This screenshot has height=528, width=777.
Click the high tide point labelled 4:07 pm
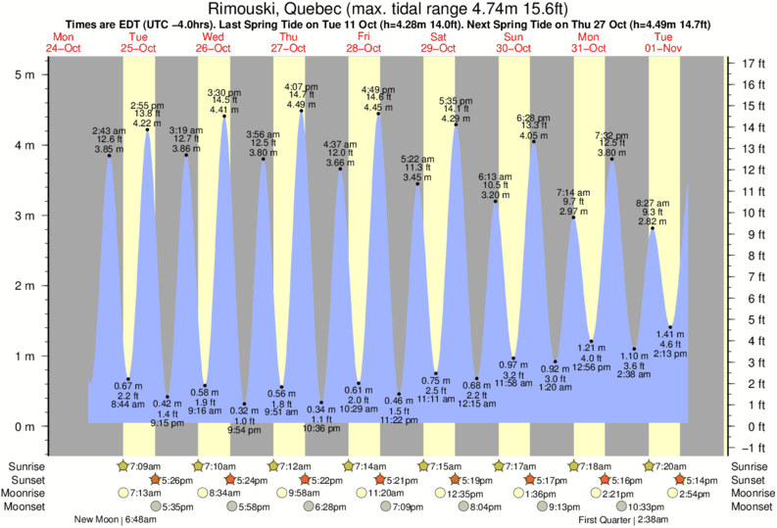[301, 111]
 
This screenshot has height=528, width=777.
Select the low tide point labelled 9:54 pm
[244, 404]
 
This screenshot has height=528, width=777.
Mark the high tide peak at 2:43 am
[109, 156]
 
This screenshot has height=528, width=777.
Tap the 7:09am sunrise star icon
[123, 465]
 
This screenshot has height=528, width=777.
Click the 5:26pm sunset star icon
[155, 479]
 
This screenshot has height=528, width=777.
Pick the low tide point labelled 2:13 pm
[670, 326]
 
